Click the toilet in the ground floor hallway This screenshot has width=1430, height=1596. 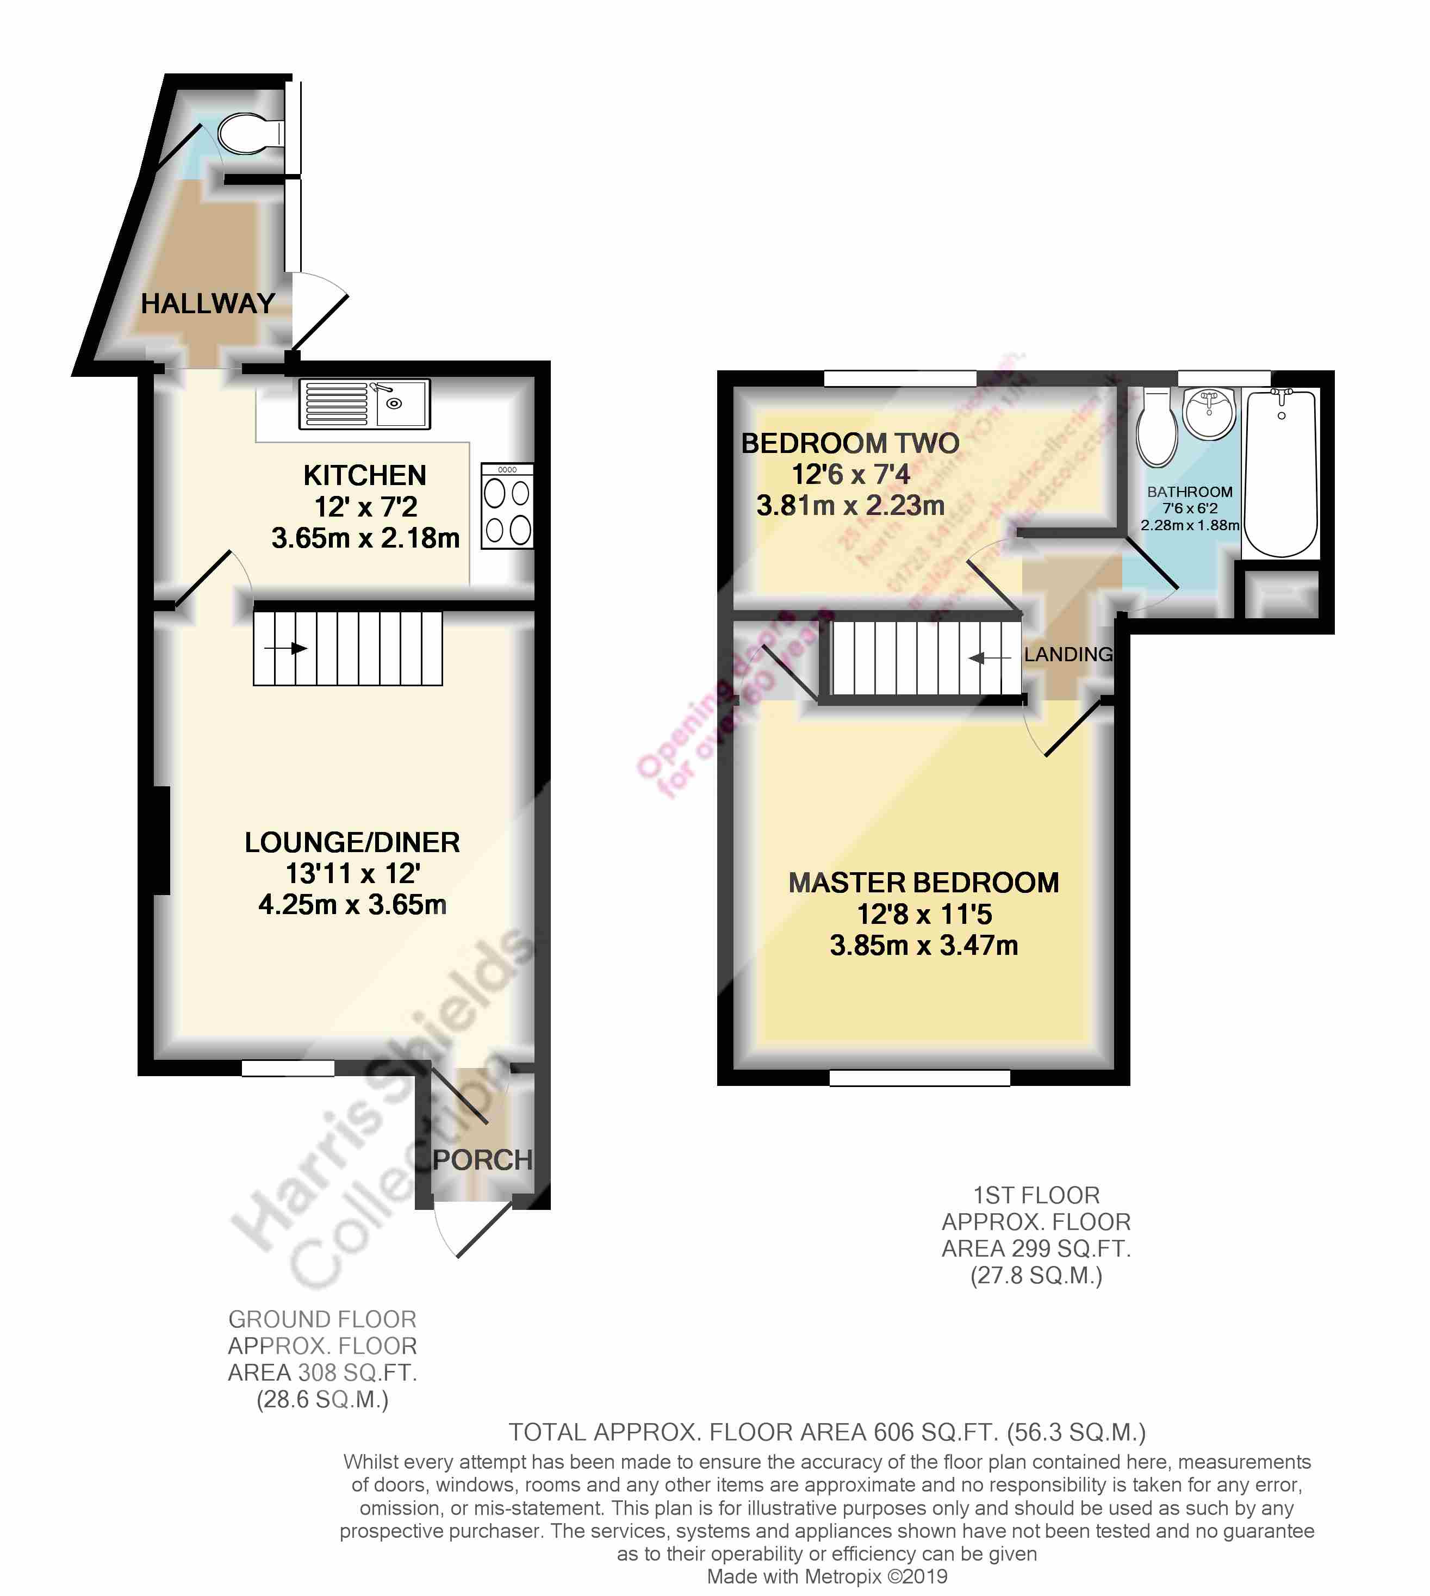tap(247, 134)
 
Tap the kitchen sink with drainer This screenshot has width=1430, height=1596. tap(365, 404)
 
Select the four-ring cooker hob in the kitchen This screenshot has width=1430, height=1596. tap(507, 505)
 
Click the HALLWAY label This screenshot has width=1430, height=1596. tap(207, 303)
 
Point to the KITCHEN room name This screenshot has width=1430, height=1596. tap(365, 475)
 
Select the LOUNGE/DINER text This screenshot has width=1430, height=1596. tap(352, 842)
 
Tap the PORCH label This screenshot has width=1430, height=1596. tap(482, 1160)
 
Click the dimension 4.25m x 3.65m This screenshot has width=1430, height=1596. tap(352, 904)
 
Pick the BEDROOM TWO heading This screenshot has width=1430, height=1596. tap(850, 443)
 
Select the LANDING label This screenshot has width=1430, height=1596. tap(1068, 654)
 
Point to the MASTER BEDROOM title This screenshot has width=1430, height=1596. tap(923, 883)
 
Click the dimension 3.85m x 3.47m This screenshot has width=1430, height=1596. tap(923, 945)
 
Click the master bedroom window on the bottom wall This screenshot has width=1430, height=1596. tap(919, 1078)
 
